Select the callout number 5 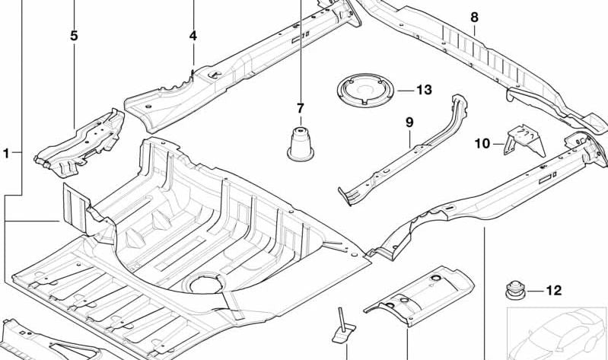click(x=74, y=36)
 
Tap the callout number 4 click(x=193, y=36)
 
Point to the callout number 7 click(x=300, y=108)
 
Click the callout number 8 click(x=474, y=17)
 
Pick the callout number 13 click(x=423, y=91)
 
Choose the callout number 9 click(x=409, y=122)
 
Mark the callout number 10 click(x=482, y=142)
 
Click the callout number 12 click(x=553, y=290)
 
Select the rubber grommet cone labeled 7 click(x=299, y=143)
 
